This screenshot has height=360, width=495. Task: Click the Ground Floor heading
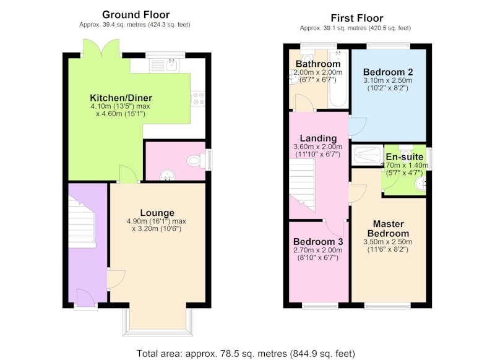pyautogui.click(x=136, y=15)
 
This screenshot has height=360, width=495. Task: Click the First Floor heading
pyautogui.click(x=357, y=18)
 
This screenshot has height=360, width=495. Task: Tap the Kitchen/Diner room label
pyautogui.click(x=121, y=98)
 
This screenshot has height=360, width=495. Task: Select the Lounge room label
pyautogui.click(x=157, y=213)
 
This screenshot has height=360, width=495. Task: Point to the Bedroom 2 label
pyautogui.click(x=388, y=72)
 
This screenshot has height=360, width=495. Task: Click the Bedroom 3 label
pyautogui.click(x=318, y=242)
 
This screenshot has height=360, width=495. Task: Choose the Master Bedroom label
pyautogui.click(x=389, y=229)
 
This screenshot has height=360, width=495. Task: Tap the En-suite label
pyautogui.click(x=405, y=157)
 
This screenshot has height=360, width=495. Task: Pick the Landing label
pyautogui.click(x=318, y=138)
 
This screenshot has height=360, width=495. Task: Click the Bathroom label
pyautogui.click(x=318, y=64)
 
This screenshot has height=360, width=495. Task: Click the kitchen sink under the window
pyautogui.click(x=164, y=66)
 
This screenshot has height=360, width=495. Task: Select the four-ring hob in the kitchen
pyautogui.click(x=197, y=98)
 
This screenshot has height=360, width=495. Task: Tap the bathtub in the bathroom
pyautogui.click(x=338, y=79)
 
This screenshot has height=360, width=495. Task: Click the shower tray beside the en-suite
pyautogui.click(x=368, y=155)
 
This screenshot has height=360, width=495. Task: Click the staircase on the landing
pyautogui.click(x=302, y=184)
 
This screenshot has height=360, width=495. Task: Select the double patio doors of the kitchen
pyautogui.click(x=101, y=48)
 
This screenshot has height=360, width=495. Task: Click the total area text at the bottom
pyautogui.click(x=246, y=353)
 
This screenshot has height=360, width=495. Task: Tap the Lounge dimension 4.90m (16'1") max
pyautogui.click(x=157, y=221)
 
